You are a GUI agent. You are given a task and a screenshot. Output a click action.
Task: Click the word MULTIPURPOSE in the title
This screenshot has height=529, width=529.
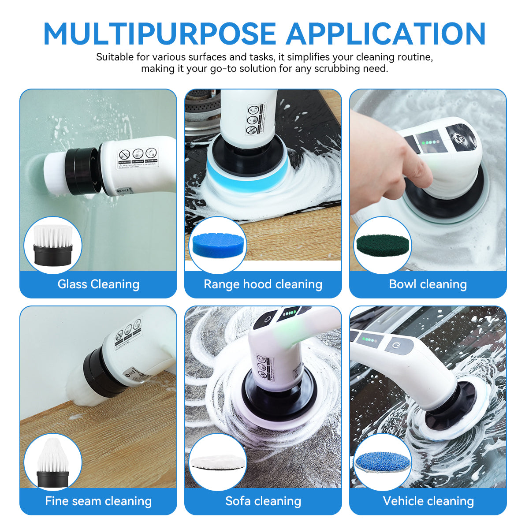point(160,34)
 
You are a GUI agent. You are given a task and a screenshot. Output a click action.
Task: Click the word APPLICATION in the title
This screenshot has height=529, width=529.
point(386,34)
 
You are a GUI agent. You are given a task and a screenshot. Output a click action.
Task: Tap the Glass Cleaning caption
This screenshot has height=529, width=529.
point(98,284)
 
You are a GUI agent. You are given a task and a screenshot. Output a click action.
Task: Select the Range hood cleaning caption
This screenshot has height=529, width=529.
point(263,284)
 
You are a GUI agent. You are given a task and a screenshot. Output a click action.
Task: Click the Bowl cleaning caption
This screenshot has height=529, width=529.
point(428,284)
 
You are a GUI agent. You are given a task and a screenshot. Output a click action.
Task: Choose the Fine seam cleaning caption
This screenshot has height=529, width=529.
point(98,501)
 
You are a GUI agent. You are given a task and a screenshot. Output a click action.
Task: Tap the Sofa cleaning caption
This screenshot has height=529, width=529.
point(263,501)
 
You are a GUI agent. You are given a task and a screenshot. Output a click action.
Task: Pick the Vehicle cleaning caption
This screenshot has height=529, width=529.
point(428,501)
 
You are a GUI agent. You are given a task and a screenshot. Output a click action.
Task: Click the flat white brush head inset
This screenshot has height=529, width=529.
point(52,245)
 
